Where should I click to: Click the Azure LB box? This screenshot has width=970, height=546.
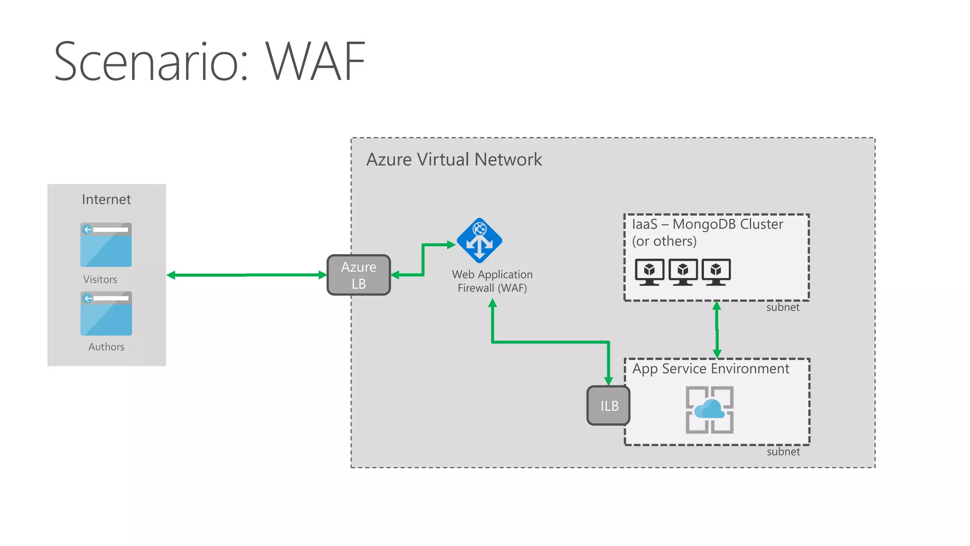[359, 275]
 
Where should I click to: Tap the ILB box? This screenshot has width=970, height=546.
[609, 406]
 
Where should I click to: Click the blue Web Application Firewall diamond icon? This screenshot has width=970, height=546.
[479, 241]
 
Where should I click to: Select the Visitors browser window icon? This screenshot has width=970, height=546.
[106, 245]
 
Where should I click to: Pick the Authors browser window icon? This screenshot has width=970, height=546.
[106, 313]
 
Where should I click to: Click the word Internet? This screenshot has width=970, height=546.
[106, 200]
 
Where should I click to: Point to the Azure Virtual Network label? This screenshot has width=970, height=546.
[454, 160]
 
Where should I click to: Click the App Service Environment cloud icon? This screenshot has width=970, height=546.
[710, 409]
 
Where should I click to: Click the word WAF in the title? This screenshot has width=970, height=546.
[315, 62]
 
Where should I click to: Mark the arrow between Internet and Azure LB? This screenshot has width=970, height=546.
[246, 275]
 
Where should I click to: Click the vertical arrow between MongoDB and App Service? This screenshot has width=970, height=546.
[717, 330]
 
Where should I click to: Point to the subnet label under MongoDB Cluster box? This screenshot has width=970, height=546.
[782, 308]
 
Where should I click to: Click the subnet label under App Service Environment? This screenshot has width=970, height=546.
[783, 452]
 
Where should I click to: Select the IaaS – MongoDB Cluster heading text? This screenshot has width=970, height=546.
[707, 224]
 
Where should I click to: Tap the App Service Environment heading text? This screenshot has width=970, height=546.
[710, 369]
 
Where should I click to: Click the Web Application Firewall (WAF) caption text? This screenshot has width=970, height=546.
[492, 281]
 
